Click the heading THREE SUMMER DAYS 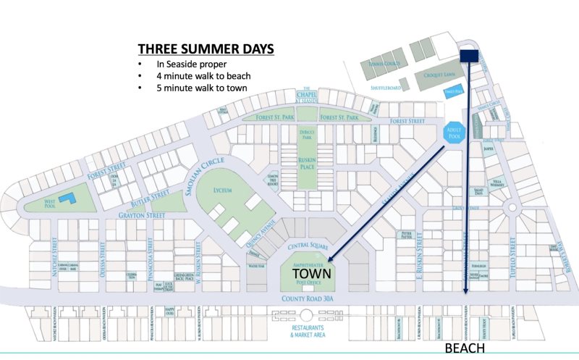pyautogui.click(x=206, y=49)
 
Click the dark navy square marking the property pyautogui.click(x=470, y=56)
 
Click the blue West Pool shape pyautogui.click(x=66, y=198)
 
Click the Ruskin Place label pyautogui.click(x=313, y=164)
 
